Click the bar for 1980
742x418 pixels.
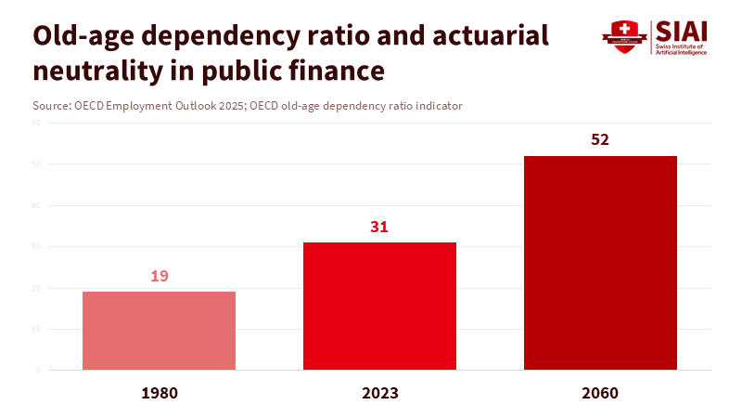tap(159, 331)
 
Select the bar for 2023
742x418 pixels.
tap(379, 306)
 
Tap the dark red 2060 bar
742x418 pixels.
tap(600, 263)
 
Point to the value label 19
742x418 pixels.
tap(159, 276)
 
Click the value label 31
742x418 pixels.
tap(379, 227)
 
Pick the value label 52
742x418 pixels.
tap(600, 140)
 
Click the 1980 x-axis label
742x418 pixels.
tap(159, 393)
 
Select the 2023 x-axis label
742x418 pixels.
tap(379, 393)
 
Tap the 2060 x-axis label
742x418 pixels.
tap(600, 393)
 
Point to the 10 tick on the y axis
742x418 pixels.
tap(36, 329)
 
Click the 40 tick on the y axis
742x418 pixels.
tap(36, 205)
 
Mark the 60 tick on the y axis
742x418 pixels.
tap(36, 123)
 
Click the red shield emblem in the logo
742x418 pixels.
tap(623, 36)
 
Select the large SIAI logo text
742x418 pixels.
tap(681, 30)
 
